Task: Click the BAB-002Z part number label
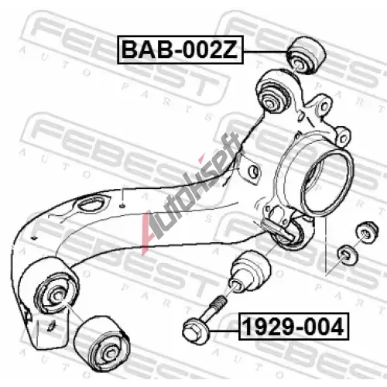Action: (180, 50)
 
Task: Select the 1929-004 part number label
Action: (293, 327)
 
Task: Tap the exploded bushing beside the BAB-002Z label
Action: (306, 55)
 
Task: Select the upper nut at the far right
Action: (366, 231)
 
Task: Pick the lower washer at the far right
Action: (348, 255)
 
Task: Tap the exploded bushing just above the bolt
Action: (249, 272)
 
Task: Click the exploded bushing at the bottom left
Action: (101, 344)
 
